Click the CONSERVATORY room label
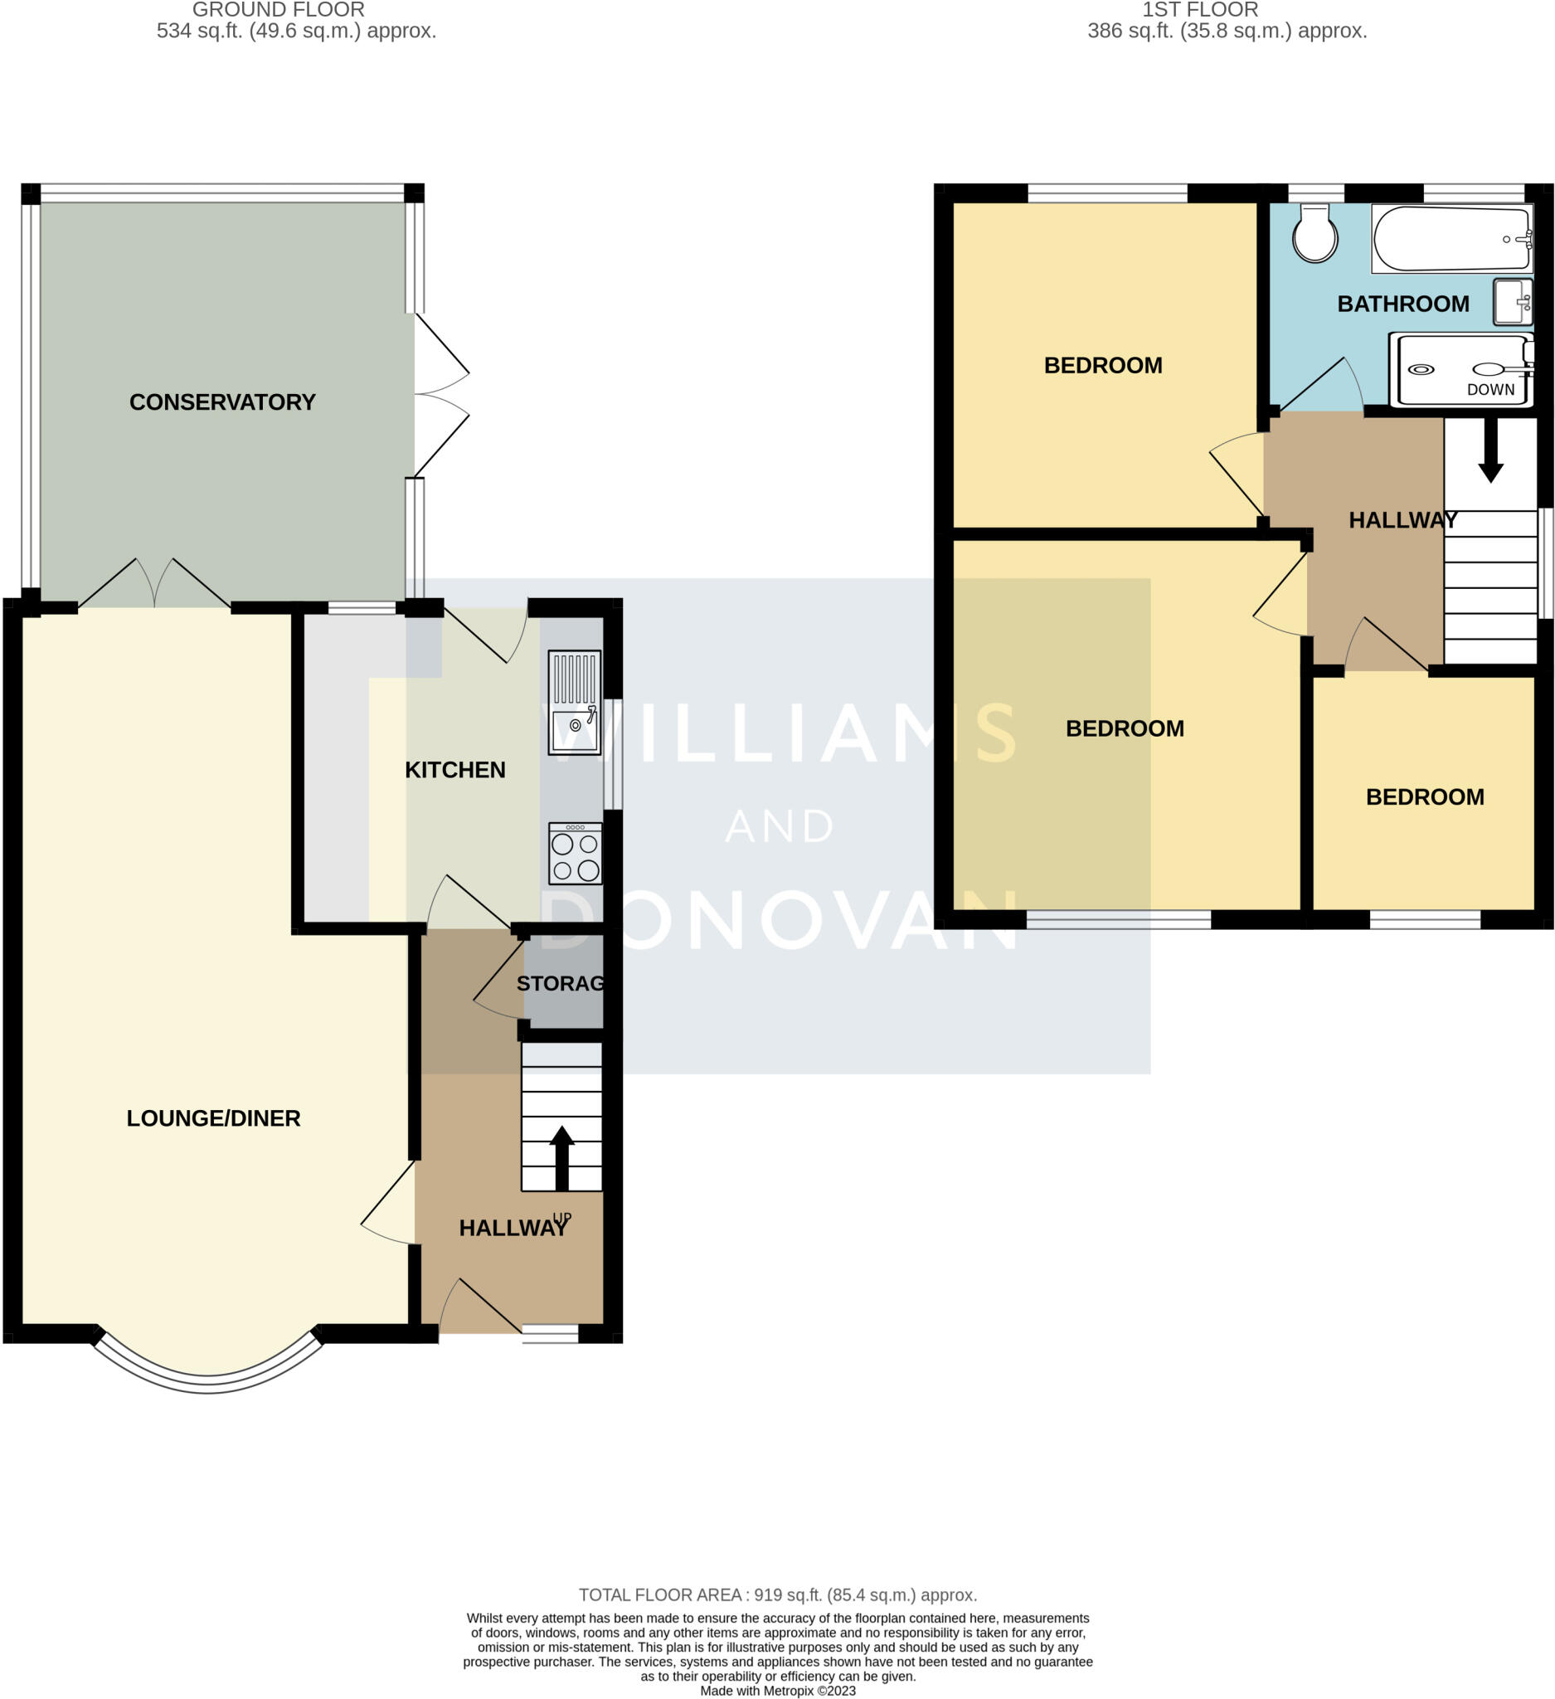pos(222,402)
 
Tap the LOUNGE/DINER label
pos(213,1118)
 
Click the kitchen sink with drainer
pos(575,702)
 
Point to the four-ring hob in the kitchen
pos(576,854)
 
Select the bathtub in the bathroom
pos(1451,240)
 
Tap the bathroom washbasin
pos(1512,303)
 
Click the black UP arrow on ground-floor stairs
pos(561,1157)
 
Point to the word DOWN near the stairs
pos(1490,390)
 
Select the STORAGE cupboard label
pos(560,984)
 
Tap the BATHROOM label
pos(1402,304)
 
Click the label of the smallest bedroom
pos(1425,797)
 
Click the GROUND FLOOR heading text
pos(278,10)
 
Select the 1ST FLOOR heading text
pos(1199,10)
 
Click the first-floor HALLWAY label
pos(1402,521)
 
